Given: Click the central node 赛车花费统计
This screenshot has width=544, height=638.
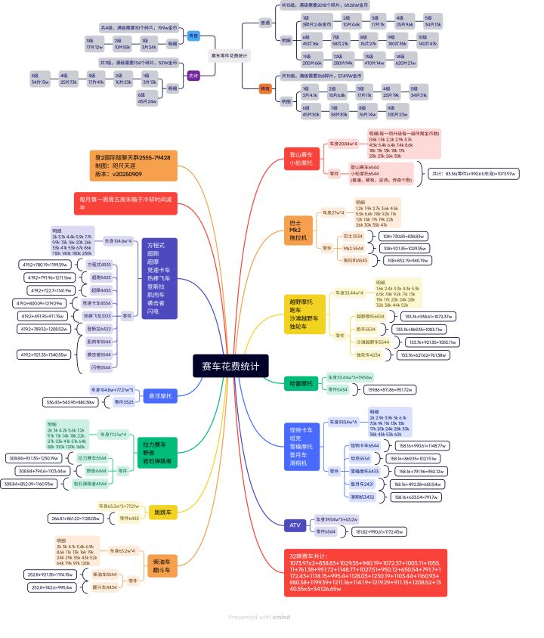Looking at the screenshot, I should click(230, 367).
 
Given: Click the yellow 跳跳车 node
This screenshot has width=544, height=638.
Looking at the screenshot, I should click(163, 512).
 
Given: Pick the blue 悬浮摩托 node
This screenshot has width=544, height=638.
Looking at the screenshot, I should click(159, 395).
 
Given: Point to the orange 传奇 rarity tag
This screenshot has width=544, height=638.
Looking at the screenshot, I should click(264, 88).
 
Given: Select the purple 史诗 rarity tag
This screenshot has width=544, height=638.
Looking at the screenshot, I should click(193, 75).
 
